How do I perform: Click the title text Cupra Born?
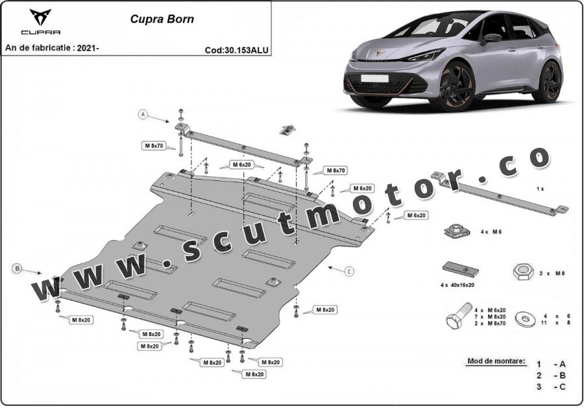pos(158,19)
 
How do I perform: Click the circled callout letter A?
pos(143,114)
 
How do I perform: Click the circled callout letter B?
pos(18,267)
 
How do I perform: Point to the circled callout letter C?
pos(350,270)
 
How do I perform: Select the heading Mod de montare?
pos(495,361)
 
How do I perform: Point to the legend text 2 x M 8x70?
pos(490,322)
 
